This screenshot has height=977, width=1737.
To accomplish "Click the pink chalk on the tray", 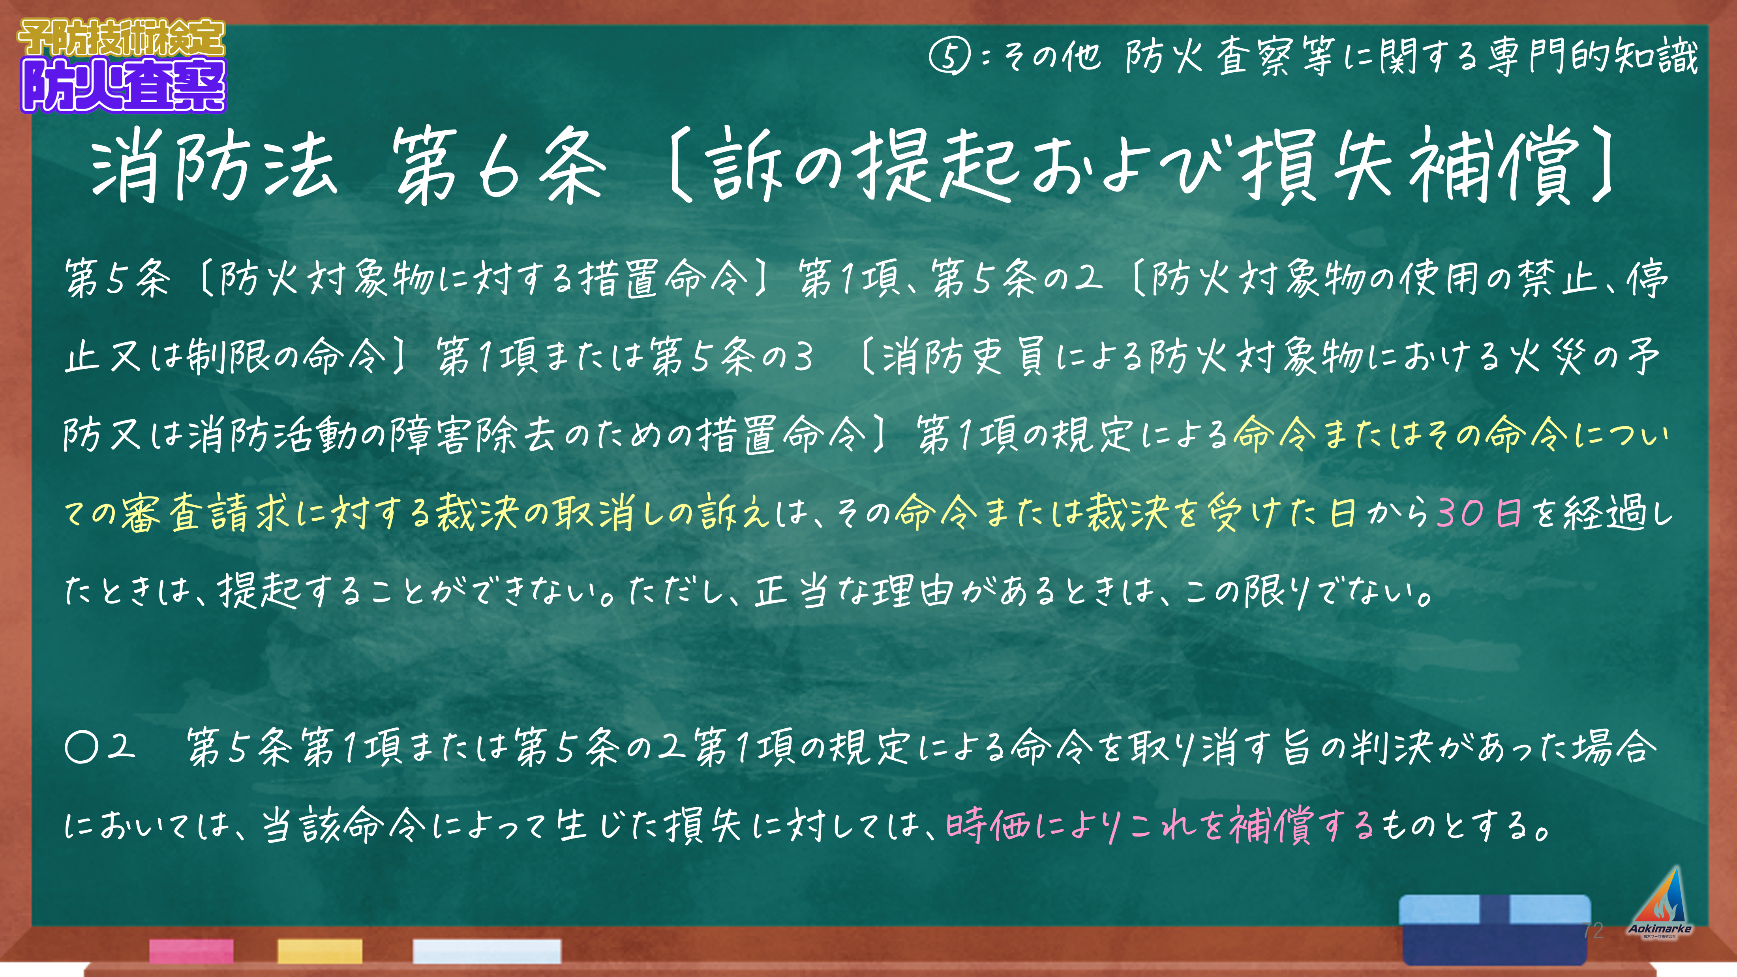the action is [x=191, y=951].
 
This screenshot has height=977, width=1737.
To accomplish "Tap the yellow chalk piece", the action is [x=320, y=951].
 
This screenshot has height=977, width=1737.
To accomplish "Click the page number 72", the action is [x=1592, y=930].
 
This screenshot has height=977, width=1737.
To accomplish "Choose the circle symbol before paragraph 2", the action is [x=82, y=747].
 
